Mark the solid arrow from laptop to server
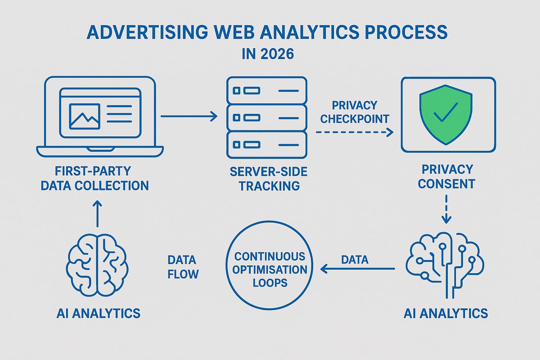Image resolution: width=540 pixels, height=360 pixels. coord(189,117)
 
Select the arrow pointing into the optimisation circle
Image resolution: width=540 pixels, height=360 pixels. coord(357,269)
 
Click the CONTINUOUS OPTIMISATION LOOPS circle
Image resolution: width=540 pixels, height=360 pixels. coord(270,270)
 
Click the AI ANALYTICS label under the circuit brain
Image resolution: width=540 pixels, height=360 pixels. coord(445,313)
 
